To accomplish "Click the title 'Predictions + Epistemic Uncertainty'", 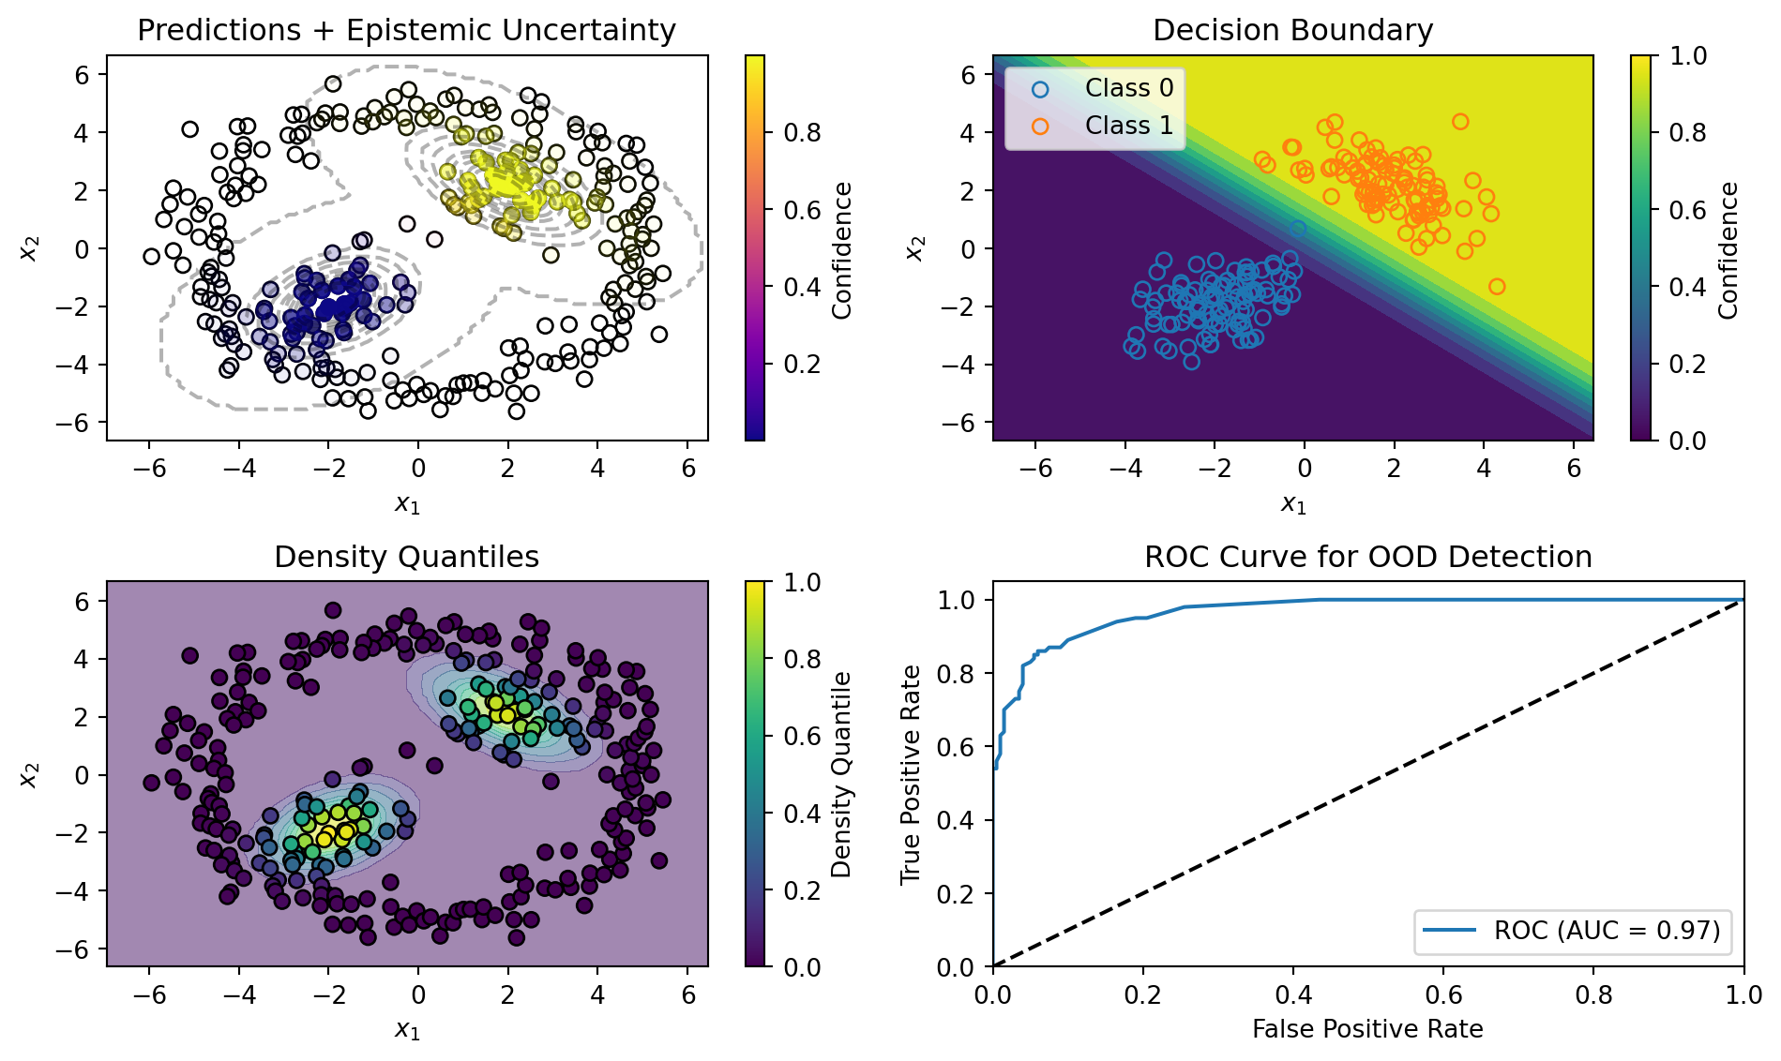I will (406, 31).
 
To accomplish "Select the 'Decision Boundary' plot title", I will (1292, 31).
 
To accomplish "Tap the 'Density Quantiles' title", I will (406, 558).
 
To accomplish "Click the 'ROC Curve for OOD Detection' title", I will (1367, 558).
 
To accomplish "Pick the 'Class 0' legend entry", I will (1128, 88).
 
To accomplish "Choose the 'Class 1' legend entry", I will (1128, 126).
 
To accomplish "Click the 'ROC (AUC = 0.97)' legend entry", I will (1607, 931).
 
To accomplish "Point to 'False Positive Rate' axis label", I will (1367, 1029).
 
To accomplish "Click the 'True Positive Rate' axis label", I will (911, 774).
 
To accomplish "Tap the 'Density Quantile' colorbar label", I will (841, 774).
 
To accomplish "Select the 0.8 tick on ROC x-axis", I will (1593, 994).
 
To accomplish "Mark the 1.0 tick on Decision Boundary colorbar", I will (1688, 56).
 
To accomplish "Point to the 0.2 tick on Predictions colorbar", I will (802, 364).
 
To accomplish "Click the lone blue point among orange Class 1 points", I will (1297, 229).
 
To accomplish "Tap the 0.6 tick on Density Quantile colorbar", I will (802, 736).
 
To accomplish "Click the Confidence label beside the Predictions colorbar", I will (841, 249).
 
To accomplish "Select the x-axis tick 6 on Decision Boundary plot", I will (1574, 469).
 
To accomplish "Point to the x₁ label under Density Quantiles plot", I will (407, 1031).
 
